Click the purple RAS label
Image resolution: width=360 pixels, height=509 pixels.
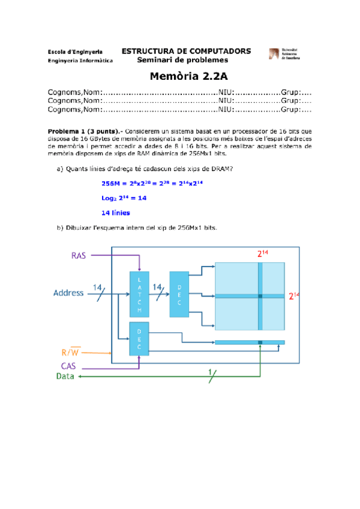(79, 255)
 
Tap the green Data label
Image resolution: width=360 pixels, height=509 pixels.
(65, 376)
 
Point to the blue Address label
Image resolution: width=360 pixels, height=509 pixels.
(69, 294)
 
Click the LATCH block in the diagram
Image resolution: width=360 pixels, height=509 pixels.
(139, 294)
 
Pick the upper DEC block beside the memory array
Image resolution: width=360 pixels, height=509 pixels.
(179, 294)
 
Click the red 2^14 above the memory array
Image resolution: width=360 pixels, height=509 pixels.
(262, 254)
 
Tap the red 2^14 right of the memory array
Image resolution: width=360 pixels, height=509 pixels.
(293, 296)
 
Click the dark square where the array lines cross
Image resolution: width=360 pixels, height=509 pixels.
(260, 296)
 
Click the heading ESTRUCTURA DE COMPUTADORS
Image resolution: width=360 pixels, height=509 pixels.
(186, 51)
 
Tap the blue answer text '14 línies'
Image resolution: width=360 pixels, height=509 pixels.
(116, 212)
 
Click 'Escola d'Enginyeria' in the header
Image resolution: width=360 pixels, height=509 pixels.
(74, 52)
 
